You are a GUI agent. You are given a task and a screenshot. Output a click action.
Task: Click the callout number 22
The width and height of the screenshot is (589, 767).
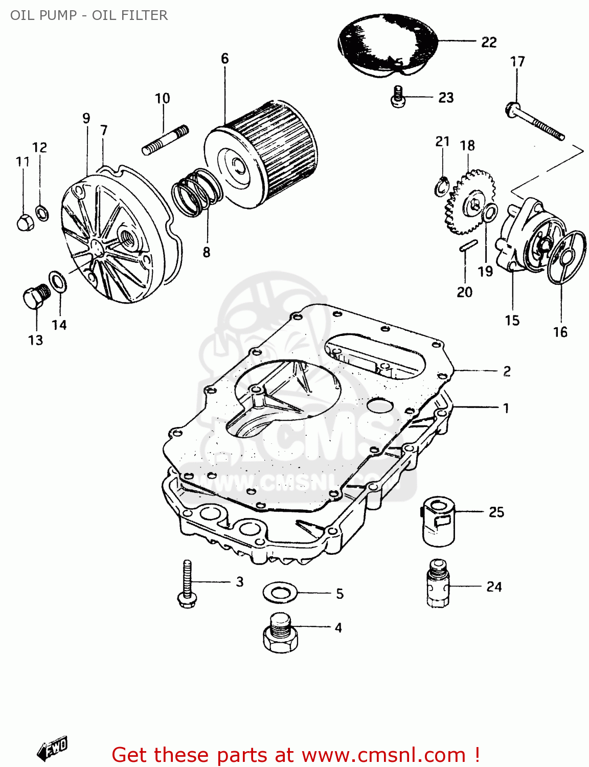pyautogui.click(x=489, y=42)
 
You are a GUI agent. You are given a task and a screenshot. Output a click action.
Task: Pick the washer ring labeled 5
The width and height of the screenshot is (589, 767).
pyautogui.click(x=280, y=593)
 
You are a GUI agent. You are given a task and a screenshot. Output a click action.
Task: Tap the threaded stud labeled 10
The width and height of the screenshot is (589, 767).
pyautogui.click(x=165, y=141)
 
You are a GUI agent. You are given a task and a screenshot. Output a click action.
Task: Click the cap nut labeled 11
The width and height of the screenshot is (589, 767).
pyautogui.click(x=25, y=222)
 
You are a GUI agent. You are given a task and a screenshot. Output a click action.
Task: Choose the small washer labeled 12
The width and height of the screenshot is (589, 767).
pyautogui.click(x=42, y=212)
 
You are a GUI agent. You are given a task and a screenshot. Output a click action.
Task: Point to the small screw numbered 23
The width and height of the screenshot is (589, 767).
pyautogui.click(x=398, y=97)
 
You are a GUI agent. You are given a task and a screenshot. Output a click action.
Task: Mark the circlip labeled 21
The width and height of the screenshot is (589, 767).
pyautogui.click(x=441, y=186)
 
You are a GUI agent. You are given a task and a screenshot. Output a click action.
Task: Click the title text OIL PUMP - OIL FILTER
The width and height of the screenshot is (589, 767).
pyautogui.click(x=89, y=15)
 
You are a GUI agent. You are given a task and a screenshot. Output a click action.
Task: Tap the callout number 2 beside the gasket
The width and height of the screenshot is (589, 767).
pyautogui.click(x=506, y=371)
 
